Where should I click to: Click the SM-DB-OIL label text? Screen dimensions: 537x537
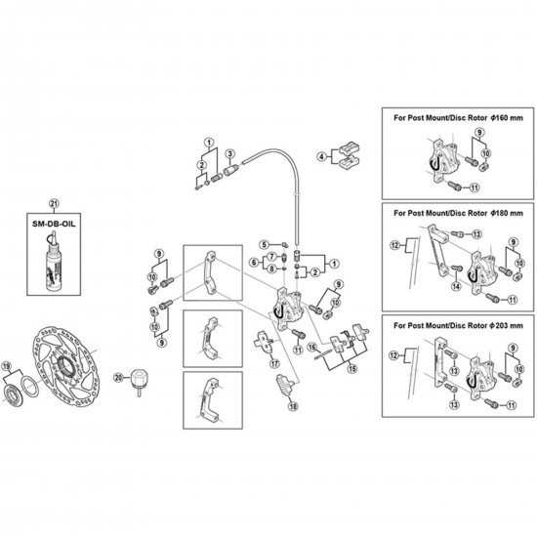[54, 224]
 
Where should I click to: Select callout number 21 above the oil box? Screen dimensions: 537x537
[54, 203]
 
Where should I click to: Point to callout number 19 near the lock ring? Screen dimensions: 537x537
[7, 366]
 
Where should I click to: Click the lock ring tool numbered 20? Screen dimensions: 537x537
[138, 380]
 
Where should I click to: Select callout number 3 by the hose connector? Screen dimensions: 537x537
[229, 153]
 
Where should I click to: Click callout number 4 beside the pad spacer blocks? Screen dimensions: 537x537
[321, 157]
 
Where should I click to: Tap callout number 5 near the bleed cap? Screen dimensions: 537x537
[264, 244]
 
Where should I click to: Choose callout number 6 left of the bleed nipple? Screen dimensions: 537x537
[254, 263]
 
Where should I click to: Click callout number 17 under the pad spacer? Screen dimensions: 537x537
[274, 363]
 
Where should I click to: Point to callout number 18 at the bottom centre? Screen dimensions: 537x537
[293, 406]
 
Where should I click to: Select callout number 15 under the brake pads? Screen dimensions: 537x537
[351, 369]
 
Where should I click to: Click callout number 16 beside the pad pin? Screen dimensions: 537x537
[311, 348]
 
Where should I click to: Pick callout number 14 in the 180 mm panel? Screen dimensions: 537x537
[456, 286]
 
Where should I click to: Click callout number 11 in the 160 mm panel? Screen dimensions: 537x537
[474, 187]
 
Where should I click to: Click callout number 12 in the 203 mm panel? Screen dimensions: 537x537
[393, 355]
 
